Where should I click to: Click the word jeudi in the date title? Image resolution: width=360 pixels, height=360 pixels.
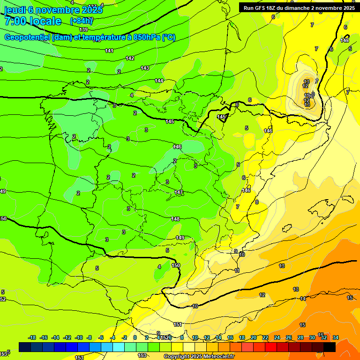[x=14, y=10]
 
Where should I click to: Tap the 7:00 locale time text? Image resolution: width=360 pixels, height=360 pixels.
[x=33, y=21]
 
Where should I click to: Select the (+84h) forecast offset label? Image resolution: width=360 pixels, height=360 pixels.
[x=82, y=21]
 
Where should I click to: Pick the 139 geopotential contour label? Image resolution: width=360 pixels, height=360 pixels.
[x=83, y=43]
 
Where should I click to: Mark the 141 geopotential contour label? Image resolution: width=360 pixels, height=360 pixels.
[x=109, y=51]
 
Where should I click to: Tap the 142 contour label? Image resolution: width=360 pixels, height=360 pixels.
[x=130, y=58]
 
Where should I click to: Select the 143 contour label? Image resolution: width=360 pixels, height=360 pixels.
[x=145, y=68]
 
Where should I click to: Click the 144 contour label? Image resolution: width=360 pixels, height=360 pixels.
[x=159, y=81]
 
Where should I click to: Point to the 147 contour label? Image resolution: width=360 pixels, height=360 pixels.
[x=179, y=192]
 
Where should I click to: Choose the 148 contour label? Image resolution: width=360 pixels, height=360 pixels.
[x=175, y=219]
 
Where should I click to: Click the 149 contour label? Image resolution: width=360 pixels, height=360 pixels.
[x=180, y=238]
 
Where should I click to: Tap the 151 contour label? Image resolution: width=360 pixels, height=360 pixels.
[x=178, y=324]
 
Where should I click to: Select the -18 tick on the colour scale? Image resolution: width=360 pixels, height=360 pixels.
[x=32, y=337]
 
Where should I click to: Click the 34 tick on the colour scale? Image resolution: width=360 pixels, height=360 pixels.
[x=335, y=337]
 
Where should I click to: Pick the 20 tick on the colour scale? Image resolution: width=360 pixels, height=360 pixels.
[x=253, y=337]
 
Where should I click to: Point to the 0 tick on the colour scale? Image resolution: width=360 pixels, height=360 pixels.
[x=135, y=337]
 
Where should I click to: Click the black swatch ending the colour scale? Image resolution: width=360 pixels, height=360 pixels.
[x=329, y=347]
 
